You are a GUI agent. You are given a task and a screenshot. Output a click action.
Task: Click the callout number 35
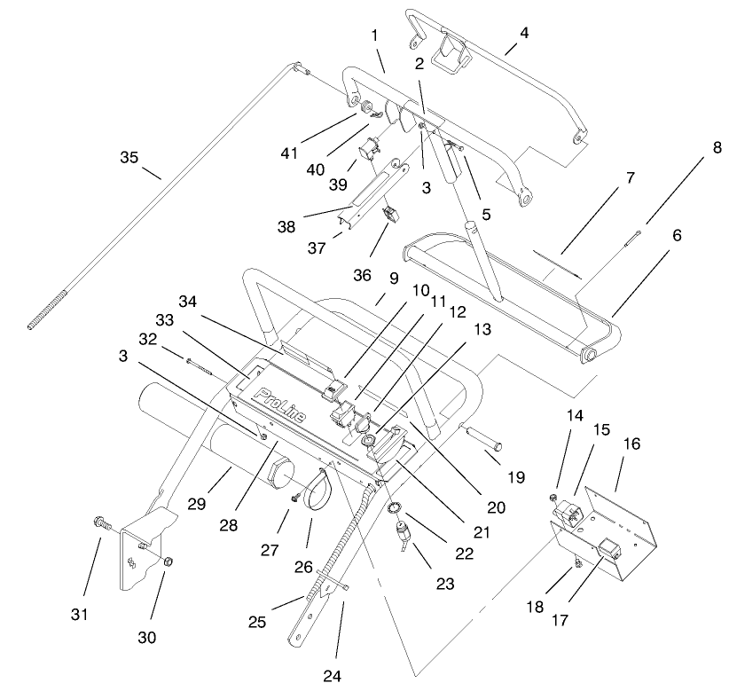click(x=129, y=157)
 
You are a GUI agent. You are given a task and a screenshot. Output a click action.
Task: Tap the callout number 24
click(x=331, y=676)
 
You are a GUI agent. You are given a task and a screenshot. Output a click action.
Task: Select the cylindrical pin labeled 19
click(x=485, y=439)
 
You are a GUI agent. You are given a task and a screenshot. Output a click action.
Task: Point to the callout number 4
click(x=524, y=35)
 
